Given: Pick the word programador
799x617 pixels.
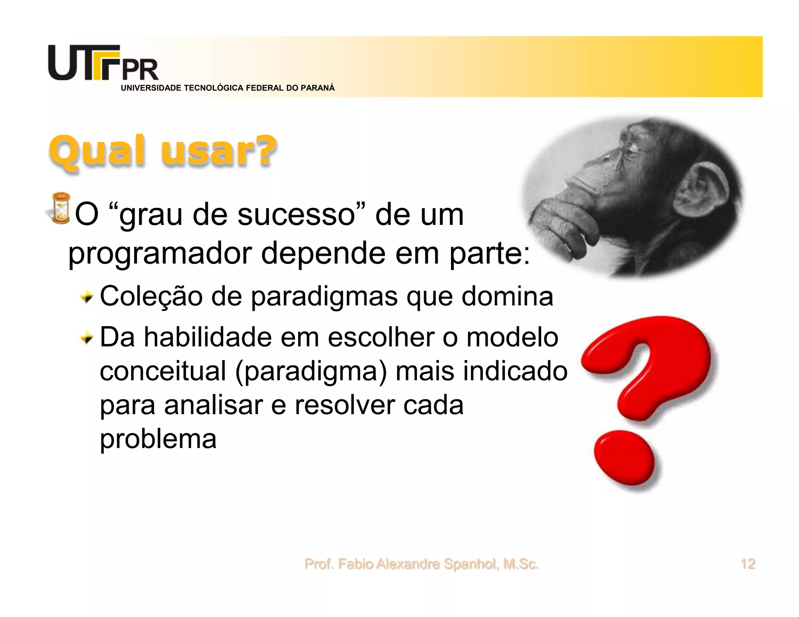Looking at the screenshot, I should point(160,254).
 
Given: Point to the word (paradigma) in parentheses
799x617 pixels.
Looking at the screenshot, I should point(311,371).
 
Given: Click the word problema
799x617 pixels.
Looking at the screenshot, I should point(158,439).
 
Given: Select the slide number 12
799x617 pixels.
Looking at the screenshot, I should point(748,564).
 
